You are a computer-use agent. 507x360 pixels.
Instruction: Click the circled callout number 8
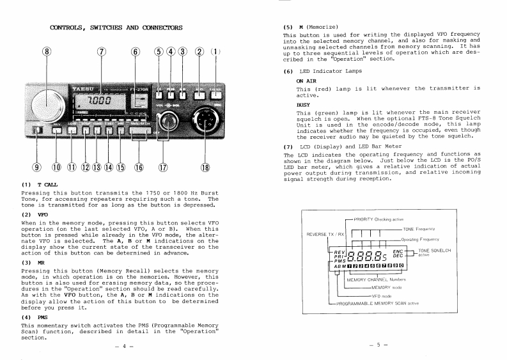pos(46,52)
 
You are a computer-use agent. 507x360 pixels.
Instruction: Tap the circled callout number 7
pos(100,52)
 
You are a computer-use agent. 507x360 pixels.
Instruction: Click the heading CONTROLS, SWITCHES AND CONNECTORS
pos(116,27)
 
